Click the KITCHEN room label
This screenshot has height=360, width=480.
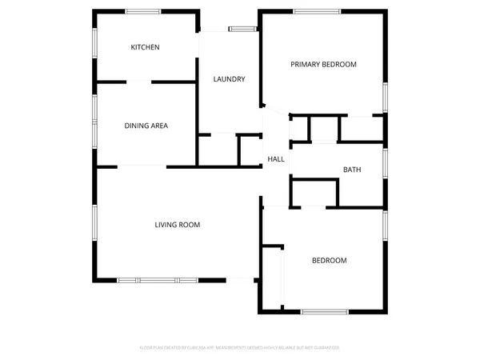pyautogui.click(x=145, y=47)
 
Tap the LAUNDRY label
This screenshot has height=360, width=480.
pyautogui.click(x=228, y=79)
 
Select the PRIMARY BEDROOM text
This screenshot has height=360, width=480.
pyautogui.click(x=323, y=64)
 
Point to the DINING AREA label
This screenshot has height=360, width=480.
pyautogui.click(x=146, y=126)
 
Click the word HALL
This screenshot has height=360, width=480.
pyautogui.click(x=276, y=159)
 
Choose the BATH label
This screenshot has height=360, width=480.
pyautogui.click(x=352, y=170)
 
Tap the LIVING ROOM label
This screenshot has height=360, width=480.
pyautogui.click(x=177, y=225)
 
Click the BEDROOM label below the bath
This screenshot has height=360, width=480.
pyautogui.click(x=329, y=261)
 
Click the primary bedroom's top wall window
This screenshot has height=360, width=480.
pyautogui.click(x=317, y=11)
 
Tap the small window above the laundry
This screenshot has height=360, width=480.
pyautogui.click(x=242, y=30)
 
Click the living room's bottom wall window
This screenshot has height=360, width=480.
pyautogui.click(x=157, y=280)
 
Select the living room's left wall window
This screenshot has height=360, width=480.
pyautogui.click(x=95, y=225)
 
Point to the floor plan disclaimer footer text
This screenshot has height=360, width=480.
pyautogui.click(x=240, y=348)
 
